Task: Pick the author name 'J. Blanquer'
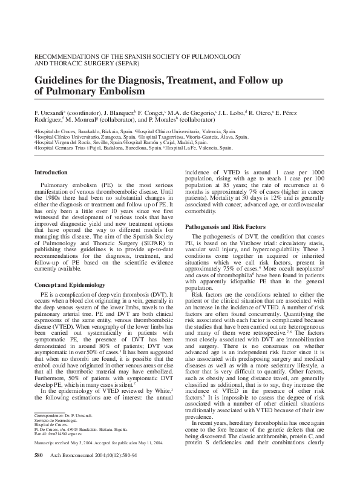point(119,113)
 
